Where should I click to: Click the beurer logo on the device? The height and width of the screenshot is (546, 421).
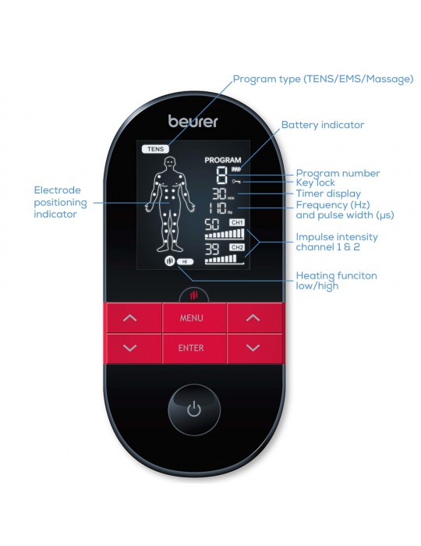(x=193, y=121)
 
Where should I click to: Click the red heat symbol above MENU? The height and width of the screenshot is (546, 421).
(x=194, y=296)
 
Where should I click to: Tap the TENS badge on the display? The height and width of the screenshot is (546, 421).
(x=155, y=149)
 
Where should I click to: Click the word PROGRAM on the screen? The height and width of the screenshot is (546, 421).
(x=223, y=160)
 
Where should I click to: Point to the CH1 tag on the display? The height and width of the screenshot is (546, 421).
(x=236, y=222)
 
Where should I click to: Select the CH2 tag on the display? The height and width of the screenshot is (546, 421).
(x=236, y=247)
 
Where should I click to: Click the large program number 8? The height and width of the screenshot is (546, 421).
(x=221, y=175)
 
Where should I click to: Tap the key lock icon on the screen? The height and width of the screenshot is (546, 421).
(x=236, y=182)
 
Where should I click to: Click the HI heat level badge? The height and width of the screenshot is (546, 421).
(x=185, y=261)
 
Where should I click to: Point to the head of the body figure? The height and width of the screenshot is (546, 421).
(x=170, y=162)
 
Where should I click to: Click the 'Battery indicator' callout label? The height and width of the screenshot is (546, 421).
(x=323, y=125)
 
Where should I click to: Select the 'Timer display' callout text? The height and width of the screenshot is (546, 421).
(x=328, y=193)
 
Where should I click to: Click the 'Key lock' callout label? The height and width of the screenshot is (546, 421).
(x=315, y=183)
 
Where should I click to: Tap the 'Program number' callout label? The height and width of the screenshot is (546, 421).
(x=338, y=173)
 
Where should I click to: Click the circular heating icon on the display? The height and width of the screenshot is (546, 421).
(x=170, y=261)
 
